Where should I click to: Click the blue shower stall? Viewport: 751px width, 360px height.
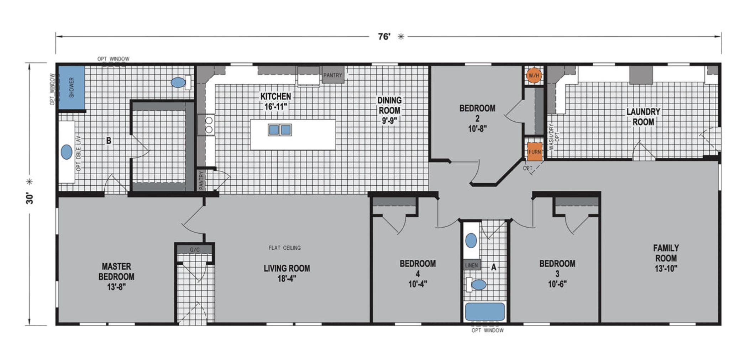[72, 88]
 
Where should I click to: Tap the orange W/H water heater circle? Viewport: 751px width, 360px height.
[534, 75]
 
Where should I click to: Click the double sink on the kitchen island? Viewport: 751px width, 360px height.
[280, 130]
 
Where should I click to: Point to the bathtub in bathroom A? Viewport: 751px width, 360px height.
[485, 312]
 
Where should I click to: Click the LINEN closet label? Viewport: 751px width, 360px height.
[472, 265]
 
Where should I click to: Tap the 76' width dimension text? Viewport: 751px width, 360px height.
[384, 37]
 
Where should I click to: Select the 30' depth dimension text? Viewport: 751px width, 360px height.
[30, 198]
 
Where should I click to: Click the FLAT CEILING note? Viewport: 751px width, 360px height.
[284, 248]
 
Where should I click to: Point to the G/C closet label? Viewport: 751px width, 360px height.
[195, 250]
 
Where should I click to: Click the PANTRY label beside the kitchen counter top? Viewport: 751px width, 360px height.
[332, 75]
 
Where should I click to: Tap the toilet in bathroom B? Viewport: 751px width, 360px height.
[181, 83]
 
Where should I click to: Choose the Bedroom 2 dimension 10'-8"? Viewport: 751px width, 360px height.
[477, 128]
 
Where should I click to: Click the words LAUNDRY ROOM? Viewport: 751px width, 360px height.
[643, 117]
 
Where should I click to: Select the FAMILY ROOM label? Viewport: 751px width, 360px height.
[666, 253]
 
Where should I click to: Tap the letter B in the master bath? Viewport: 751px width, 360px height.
[109, 141]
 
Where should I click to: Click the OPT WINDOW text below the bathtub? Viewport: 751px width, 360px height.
[488, 330]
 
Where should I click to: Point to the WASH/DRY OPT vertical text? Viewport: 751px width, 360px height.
[554, 137]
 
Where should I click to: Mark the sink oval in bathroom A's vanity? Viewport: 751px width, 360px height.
[471, 240]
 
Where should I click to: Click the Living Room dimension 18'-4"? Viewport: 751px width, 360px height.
[287, 279]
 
